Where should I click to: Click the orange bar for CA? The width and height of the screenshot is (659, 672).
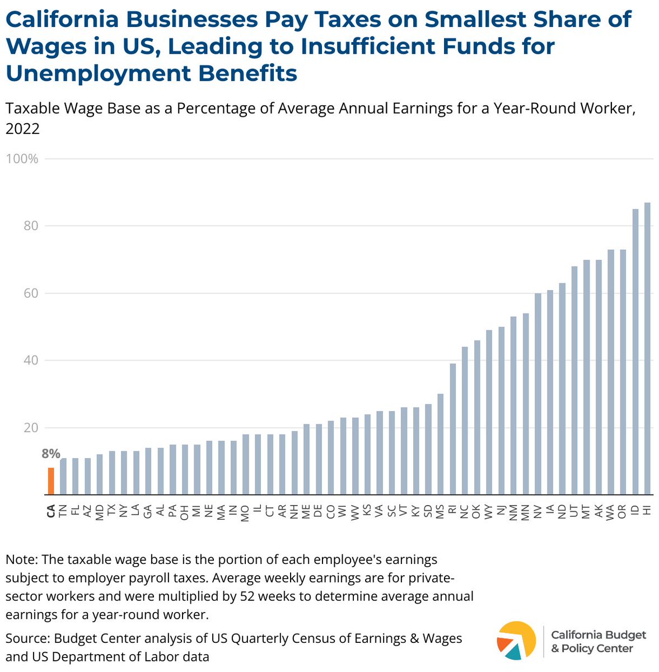[51, 481]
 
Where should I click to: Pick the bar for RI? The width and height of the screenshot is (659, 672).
[452, 429]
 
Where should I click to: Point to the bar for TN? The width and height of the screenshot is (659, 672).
[63, 476]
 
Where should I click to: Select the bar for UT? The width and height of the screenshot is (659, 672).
[574, 380]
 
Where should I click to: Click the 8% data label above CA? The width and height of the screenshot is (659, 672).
[51, 454]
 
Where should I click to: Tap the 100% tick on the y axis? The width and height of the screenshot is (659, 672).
[22, 159]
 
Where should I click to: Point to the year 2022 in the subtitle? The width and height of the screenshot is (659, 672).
[22, 129]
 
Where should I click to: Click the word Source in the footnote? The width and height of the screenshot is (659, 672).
[26, 638]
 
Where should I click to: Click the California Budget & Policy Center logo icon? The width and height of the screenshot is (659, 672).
[516, 640]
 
